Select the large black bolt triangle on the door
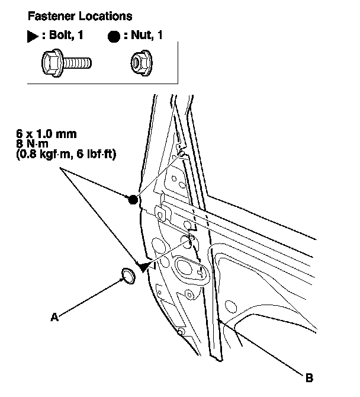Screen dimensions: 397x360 point(144,267)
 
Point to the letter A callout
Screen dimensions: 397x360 point(53,318)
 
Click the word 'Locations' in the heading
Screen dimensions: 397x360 point(108,16)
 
